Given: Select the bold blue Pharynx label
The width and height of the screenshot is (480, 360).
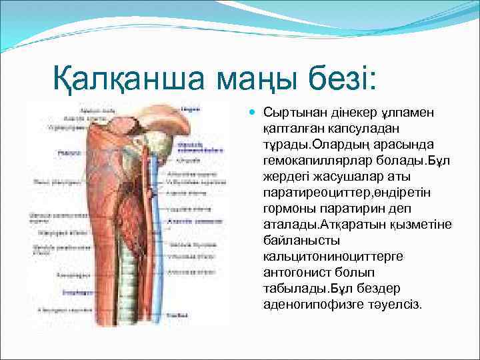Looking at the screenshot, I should coord(46,153).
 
